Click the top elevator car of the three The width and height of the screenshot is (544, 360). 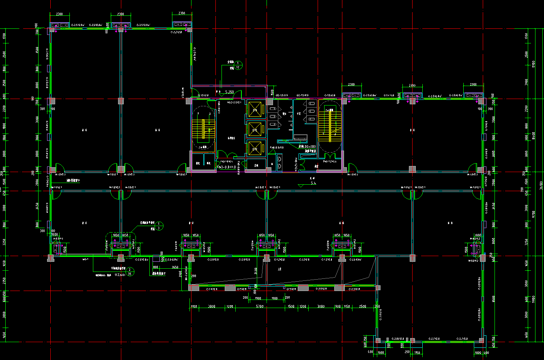pos(255,110)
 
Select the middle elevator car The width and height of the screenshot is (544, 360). pos(255,130)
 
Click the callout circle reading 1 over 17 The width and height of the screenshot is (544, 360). pos(239,65)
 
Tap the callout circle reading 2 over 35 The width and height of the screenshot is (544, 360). pos(130,272)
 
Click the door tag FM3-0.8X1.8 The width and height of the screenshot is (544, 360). pos(226,167)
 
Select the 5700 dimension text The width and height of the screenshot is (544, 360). pos(260,306)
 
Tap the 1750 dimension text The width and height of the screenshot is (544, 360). pos(417,352)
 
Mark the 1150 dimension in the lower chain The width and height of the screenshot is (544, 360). pos(346,306)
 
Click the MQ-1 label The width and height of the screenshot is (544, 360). pos(85,259)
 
